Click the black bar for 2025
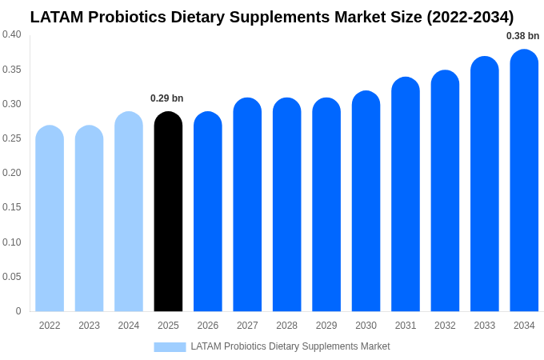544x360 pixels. click(168, 212)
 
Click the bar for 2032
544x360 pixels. click(445, 191)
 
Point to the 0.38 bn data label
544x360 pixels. click(522, 36)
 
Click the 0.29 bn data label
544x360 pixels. click(166, 98)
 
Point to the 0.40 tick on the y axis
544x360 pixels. click(12, 34)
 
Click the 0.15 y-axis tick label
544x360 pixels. click(12, 207)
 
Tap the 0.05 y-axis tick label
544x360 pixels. click(12, 277)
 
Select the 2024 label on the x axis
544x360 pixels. click(129, 326)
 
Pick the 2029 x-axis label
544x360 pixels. click(326, 326)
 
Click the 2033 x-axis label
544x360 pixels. click(484, 326)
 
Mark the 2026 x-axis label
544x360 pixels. click(208, 326)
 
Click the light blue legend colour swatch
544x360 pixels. click(170, 347)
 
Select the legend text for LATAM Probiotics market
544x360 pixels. click(290, 346)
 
